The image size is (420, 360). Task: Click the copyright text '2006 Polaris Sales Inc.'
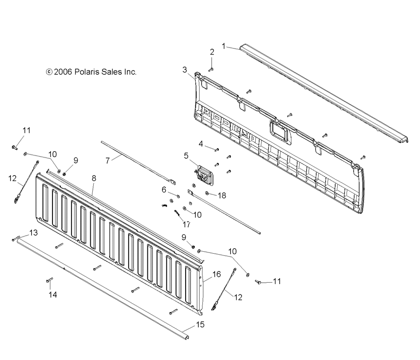point(91,72)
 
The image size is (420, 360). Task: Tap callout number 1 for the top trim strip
point(224,45)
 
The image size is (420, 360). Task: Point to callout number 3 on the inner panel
point(185,70)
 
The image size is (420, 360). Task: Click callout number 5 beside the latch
point(186,155)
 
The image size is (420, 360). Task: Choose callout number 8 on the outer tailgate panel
point(94,179)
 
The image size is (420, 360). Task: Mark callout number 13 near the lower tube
point(33,233)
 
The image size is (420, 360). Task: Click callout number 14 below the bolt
point(52,295)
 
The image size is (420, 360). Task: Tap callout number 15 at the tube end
point(200,325)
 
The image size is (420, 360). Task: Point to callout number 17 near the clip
point(186,224)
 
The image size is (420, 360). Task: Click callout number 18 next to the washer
point(222,195)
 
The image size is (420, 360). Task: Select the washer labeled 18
point(207,193)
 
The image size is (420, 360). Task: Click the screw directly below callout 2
point(212,69)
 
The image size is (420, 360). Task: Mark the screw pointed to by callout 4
point(217,149)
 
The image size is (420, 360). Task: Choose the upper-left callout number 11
point(26,131)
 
